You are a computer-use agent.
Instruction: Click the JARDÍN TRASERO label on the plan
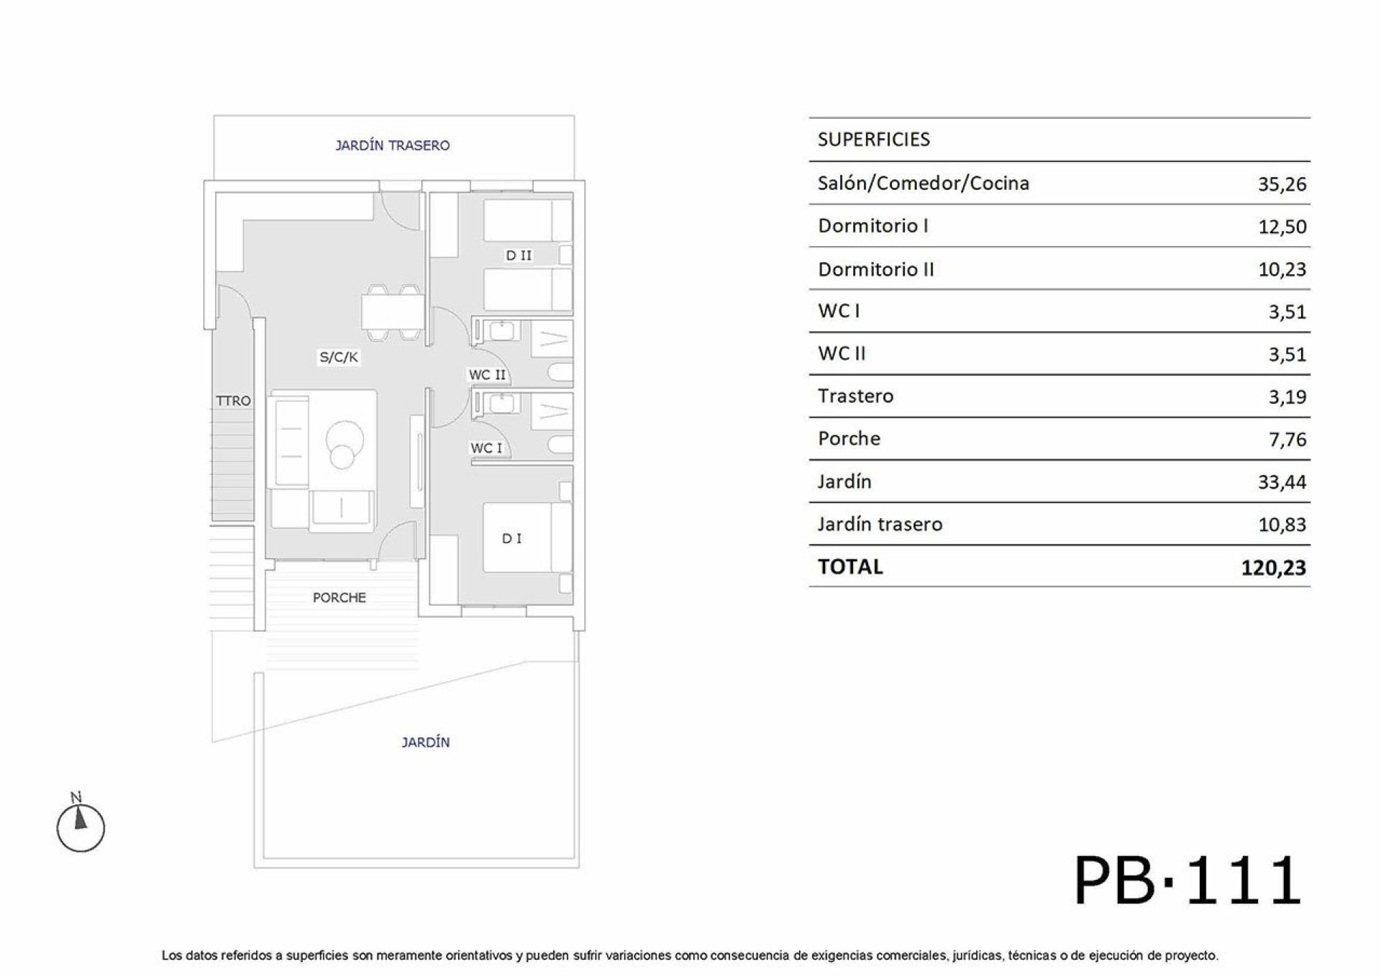(x=393, y=145)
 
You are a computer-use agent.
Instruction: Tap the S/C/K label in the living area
(x=339, y=357)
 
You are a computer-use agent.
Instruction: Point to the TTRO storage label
(x=233, y=401)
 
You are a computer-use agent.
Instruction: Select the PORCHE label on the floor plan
(x=339, y=597)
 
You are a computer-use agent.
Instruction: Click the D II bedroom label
(x=519, y=255)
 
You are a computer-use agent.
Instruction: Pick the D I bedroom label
(x=512, y=538)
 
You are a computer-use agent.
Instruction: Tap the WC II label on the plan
(x=487, y=375)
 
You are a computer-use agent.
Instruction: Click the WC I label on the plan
(x=486, y=447)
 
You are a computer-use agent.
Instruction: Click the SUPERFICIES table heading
(x=874, y=139)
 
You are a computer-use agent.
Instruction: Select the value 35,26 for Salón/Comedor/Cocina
(x=1282, y=184)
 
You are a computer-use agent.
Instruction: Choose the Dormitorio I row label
(x=873, y=226)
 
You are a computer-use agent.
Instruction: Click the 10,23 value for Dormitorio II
(x=1282, y=269)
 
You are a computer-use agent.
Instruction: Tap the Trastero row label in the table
(x=856, y=396)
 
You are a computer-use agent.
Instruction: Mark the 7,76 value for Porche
(x=1287, y=439)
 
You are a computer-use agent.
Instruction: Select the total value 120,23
(x=1273, y=568)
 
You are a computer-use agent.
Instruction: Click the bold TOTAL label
(x=850, y=566)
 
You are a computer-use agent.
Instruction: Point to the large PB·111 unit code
(x=1188, y=880)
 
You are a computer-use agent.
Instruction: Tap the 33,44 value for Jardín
(x=1282, y=481)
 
